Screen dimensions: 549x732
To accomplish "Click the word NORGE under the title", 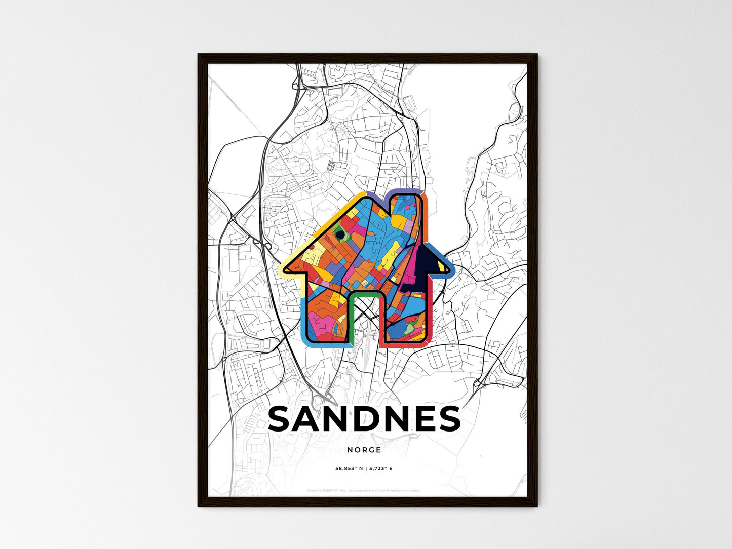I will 364,450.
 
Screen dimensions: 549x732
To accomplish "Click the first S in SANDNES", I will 282,419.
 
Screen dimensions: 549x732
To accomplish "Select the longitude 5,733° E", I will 381,469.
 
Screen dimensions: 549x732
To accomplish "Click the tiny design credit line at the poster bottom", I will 364,490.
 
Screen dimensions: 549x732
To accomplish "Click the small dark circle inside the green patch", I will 339,234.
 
